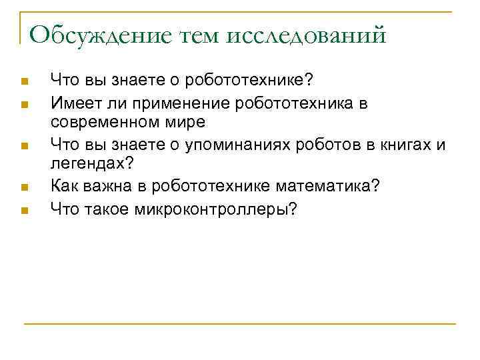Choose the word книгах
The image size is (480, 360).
pos(407,146)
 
